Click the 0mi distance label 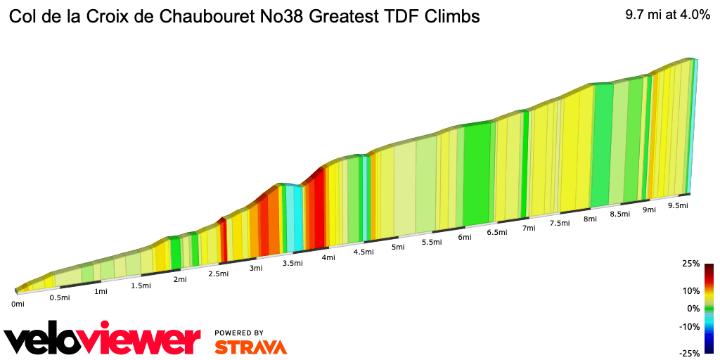click(18, 304)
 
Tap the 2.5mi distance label click(219, 274)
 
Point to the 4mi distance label click(328, 257)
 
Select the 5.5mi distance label click(432, 242)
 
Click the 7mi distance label click(529, 228)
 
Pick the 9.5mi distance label click(677, 205)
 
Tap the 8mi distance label click(590, 219)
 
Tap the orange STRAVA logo click(250, 347)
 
